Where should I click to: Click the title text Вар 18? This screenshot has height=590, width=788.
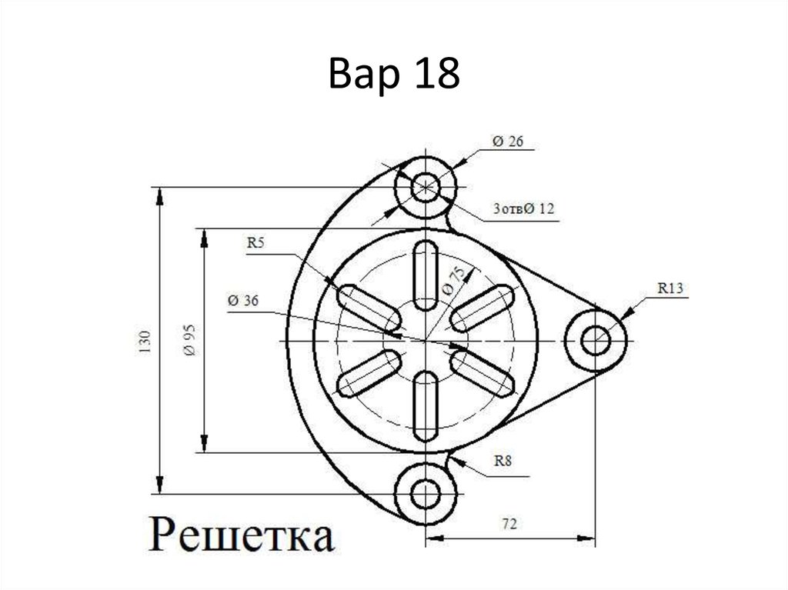(x=394, y=75)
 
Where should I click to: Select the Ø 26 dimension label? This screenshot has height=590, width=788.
(x=507, y=142)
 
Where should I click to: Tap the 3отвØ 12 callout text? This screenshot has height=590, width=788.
(x=523, y=208)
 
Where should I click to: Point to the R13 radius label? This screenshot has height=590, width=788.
(x=670, y=288)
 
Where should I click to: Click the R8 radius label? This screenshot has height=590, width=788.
(x=503, y=462)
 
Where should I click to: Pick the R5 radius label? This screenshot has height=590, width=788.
(x=255, y=244)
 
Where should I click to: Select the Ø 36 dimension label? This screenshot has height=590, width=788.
(x=243, y=301)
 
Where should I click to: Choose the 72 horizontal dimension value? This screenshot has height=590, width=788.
(x=508, y=525)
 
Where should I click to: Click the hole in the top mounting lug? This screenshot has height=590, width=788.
(x=426, y=186)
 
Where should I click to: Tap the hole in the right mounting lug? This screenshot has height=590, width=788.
(x=594, y=339)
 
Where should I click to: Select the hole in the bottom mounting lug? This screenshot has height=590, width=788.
(x=426, y=493)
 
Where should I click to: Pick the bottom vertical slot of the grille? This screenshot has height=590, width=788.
(x=426, y=406)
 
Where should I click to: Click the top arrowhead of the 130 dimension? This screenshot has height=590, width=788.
(x=159, y=195)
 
